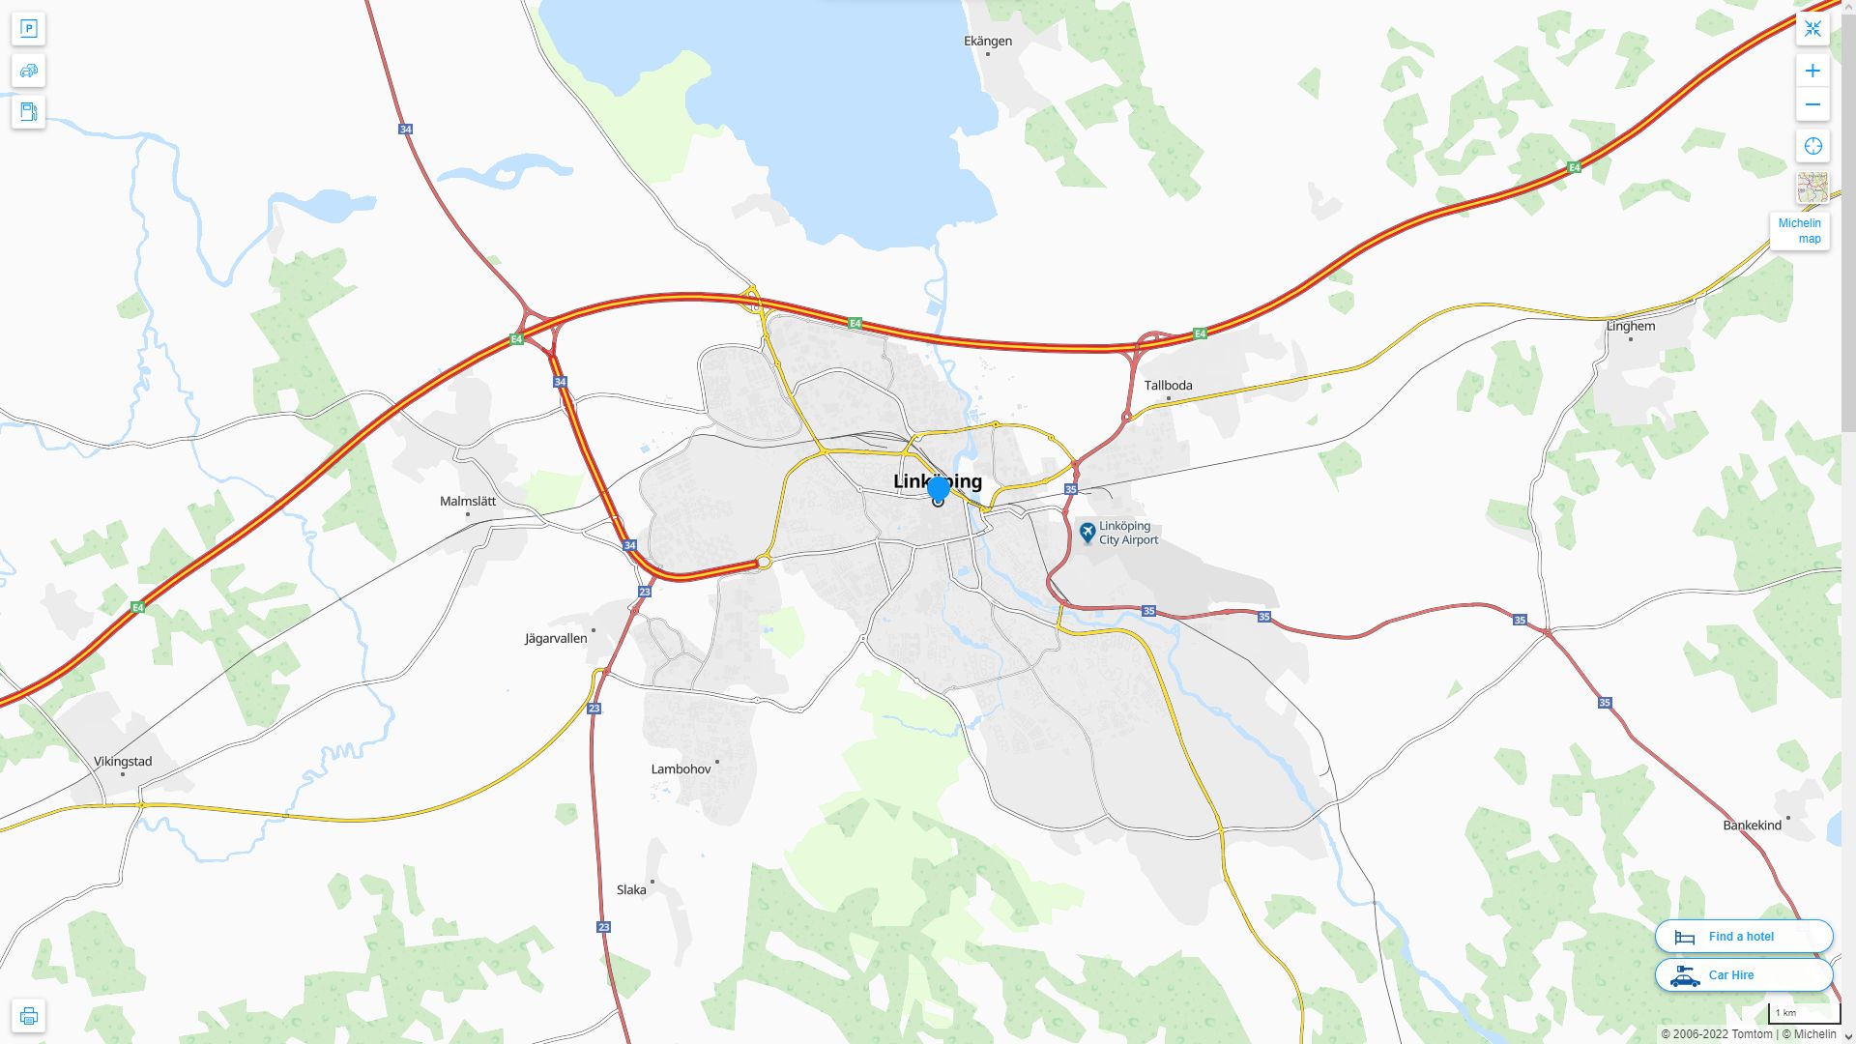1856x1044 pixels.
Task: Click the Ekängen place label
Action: coord(988,41)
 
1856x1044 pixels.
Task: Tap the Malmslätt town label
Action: coord(468,501)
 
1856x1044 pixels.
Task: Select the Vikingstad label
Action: coord(123,761)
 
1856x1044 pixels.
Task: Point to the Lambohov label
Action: coord(681,768)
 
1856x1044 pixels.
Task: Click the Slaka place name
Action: coord(631,889)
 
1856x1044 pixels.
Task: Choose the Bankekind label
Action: coord(1752,825)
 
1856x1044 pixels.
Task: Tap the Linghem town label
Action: coord(1631,326)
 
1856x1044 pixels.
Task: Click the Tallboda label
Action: coord(1168,385)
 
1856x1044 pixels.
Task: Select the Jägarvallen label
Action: coord(556,638)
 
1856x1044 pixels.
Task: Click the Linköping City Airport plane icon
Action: coord(1087,532)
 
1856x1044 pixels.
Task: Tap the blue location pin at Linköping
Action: coord(938,489)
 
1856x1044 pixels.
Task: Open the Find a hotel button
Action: coord(1744,936)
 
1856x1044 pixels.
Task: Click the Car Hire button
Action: coord(1744,974)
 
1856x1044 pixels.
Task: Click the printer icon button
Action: coord(28,1015)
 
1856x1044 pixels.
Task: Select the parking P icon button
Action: coord(28,29)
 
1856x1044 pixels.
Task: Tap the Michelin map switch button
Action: coord(1799,231)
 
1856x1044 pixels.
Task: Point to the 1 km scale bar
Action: coord(1804,1013)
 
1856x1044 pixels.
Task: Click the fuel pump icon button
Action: coord(28,111)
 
